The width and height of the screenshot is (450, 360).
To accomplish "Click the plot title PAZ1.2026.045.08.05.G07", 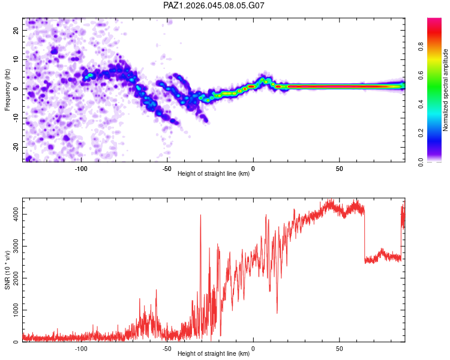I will (x=214, y=5).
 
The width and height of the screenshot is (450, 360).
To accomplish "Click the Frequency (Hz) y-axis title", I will (x=7, y=89).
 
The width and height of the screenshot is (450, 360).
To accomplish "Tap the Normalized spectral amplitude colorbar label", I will (x=446, y=90).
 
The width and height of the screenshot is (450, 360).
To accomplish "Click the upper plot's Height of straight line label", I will (x=214, y=173).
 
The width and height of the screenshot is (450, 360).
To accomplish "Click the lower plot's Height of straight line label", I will (x=214, y=353).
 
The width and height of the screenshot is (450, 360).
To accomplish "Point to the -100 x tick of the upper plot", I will (x=82, y=168).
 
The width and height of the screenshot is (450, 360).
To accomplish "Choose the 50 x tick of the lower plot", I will (x=340, y=348).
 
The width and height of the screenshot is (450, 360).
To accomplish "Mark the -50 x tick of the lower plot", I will (x=167, y=348).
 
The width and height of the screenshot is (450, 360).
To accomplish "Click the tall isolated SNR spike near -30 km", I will (x=200, y=216).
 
